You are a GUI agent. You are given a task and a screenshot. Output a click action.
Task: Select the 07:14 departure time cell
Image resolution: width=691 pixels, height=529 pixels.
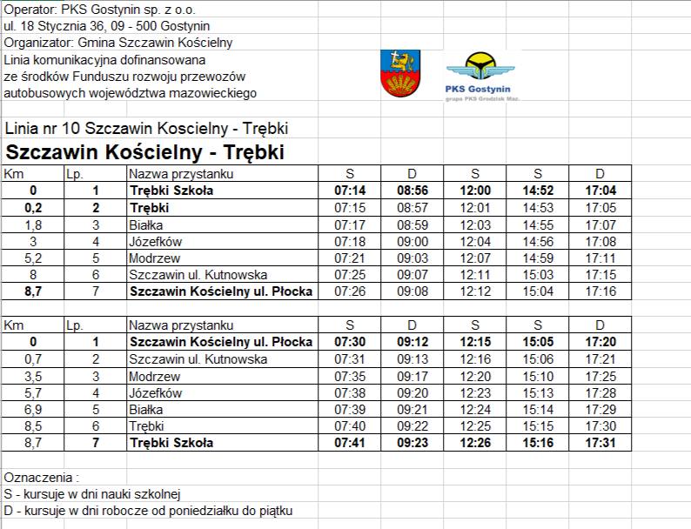click(349, 191)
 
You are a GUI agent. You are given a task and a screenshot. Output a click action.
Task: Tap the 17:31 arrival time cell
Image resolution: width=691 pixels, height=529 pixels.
click(600, 443)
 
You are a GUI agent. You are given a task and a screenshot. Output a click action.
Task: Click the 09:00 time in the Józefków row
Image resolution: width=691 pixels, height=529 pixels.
click(412, 241)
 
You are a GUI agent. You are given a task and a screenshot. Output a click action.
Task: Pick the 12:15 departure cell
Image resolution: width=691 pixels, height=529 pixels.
click(475, 342)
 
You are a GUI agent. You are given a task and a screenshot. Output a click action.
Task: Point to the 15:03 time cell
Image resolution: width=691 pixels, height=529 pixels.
click(537, 275)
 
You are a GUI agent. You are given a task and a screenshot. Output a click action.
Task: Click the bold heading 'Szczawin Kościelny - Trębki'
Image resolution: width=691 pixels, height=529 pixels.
click(145, 151)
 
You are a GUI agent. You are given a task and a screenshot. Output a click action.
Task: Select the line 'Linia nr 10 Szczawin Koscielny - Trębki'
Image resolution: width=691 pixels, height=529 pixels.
click(146, 129)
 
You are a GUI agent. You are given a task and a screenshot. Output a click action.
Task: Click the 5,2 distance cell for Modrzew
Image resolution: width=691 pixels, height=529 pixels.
click(33, 258)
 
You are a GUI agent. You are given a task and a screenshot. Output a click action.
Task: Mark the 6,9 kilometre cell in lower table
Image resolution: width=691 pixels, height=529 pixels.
click(33, 409)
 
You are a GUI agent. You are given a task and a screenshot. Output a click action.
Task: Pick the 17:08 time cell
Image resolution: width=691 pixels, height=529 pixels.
click(600, 241)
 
